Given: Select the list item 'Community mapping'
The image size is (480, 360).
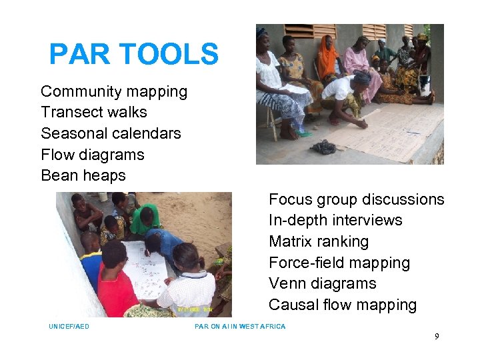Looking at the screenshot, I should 114,91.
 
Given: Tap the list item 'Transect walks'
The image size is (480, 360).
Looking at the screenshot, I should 94,112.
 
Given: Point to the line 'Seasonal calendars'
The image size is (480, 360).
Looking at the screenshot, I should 111,133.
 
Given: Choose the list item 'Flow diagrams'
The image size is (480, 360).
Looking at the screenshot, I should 93,155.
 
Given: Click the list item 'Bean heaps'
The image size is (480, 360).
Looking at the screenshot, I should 83,175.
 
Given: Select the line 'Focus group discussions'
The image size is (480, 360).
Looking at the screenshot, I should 356,199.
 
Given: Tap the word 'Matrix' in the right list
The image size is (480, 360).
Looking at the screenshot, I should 291,241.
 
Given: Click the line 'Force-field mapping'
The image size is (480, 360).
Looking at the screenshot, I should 339,263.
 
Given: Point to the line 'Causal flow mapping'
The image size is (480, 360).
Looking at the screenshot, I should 343,305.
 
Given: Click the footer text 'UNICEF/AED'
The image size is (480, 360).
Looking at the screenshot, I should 69,327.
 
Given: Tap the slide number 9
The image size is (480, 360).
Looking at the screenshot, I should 437,337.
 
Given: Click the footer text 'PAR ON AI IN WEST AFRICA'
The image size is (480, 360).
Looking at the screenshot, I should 240,327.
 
